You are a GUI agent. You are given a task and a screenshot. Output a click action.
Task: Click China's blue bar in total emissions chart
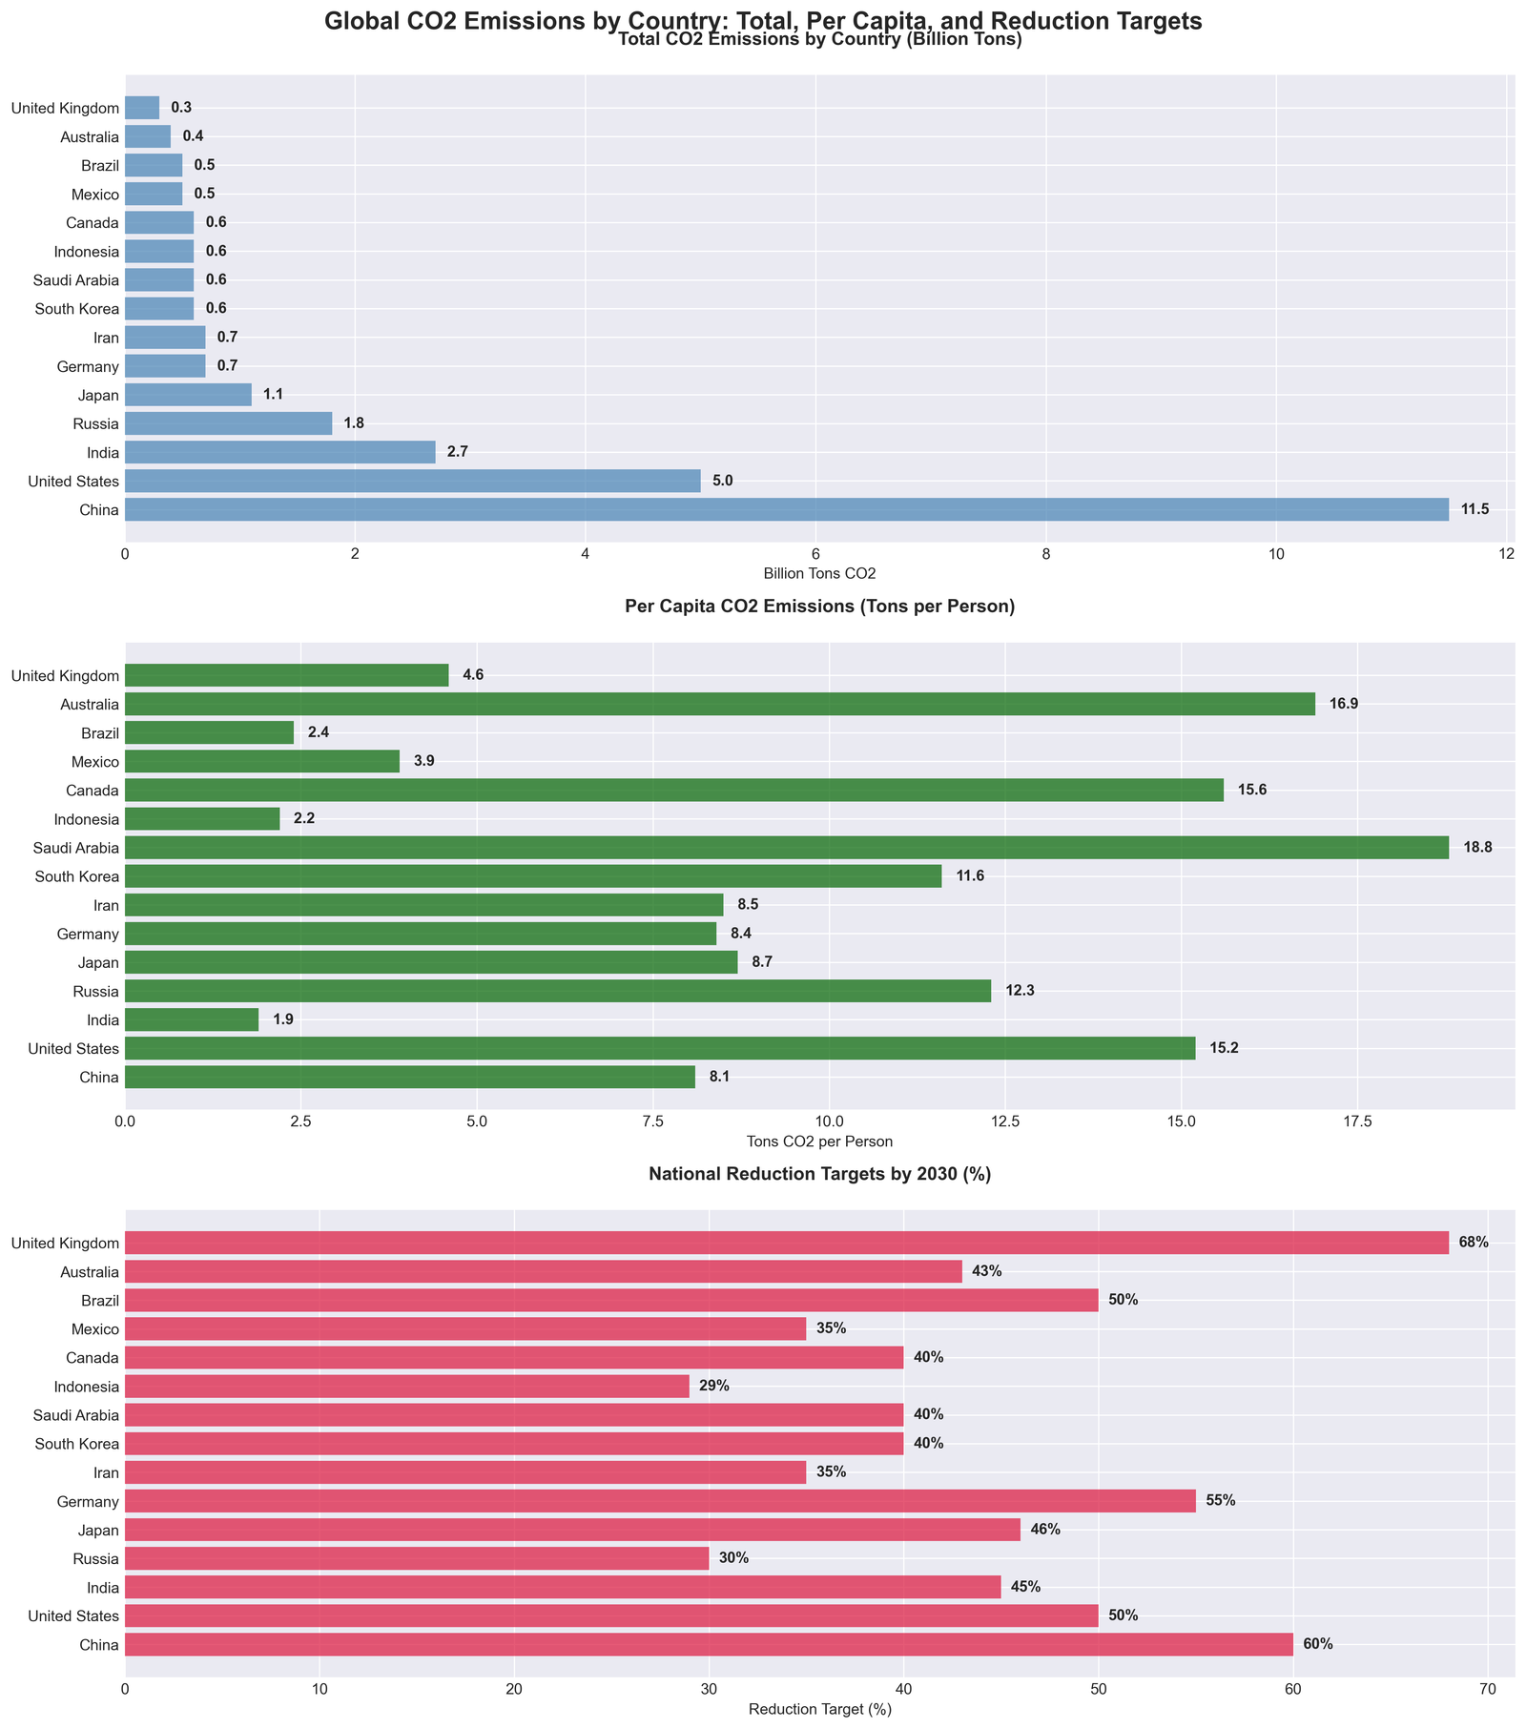[x=786, y=509]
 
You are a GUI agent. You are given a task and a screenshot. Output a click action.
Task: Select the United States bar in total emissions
[x=412, y=481]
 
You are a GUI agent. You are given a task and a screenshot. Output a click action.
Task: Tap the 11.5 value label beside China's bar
[x=1475, y=509]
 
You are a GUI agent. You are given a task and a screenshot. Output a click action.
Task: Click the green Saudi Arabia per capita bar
[x=786, y=848]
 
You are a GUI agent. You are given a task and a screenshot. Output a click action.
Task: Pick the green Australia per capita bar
[x=719, y=704]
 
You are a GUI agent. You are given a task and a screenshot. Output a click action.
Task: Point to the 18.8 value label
[x=1477, y=848]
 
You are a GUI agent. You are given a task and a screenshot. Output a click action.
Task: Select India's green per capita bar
[x=191, y=1019]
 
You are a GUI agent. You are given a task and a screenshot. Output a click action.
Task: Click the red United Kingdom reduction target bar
[x=786, y=1243]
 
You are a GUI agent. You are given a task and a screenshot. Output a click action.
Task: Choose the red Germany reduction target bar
[x=659, y=1501]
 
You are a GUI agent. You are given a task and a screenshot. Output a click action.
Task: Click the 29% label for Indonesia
[x=714, y=1386]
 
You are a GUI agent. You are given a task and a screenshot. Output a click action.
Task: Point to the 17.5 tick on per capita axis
[x=1357, y=1121]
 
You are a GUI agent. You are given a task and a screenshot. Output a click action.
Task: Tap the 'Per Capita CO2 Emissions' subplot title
[x=819, y=607]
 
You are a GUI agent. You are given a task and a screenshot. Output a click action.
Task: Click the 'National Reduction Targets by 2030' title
[x=819, y=1175]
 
